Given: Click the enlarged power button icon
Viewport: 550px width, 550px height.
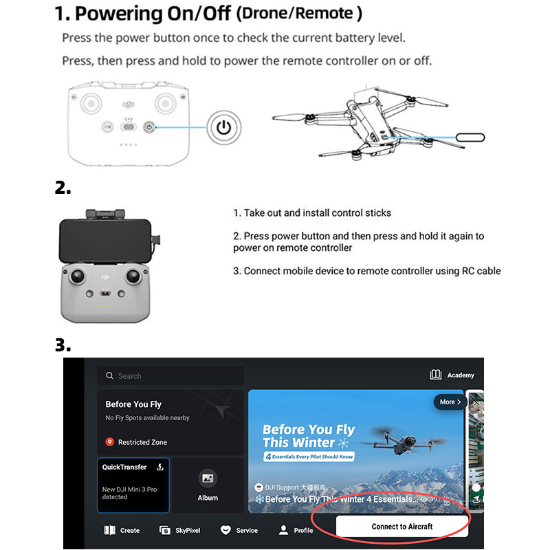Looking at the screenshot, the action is (x=224, y=127).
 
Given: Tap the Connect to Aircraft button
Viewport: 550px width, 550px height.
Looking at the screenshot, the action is (x=402, y=526).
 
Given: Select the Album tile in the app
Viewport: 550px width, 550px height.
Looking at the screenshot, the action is (x=208, y=485).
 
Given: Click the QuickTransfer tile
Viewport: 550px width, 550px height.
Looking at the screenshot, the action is (x=133, y=485).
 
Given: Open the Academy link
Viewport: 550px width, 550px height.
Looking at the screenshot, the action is (x=452, y=375).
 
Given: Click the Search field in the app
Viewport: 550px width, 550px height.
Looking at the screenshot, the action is (x=170, y=375).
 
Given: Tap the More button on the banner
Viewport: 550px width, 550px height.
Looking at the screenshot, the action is (x=450, y=402).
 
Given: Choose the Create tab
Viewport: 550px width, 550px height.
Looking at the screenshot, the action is (x=122, y=530).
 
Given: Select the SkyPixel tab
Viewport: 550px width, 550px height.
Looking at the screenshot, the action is (x=179, y=530).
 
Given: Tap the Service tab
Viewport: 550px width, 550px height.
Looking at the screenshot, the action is (x=239, y=530).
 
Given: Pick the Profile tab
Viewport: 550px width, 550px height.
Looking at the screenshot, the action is (x=296, y=530).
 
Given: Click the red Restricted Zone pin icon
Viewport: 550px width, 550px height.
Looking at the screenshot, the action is (x=110, y=442).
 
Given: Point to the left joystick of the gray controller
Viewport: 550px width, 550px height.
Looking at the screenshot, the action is (x=77, y=276).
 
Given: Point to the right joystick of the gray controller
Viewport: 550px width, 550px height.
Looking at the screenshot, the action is (x=133, y=276).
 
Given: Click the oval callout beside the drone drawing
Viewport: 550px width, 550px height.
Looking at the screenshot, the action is (x=470, y=137).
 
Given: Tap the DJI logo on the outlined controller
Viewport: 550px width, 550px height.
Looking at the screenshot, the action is (x=129, y=104).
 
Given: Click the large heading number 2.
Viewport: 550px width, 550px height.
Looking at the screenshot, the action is (x=63, y=188).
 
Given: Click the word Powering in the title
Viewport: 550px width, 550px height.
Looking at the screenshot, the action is (x=118, y=14).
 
